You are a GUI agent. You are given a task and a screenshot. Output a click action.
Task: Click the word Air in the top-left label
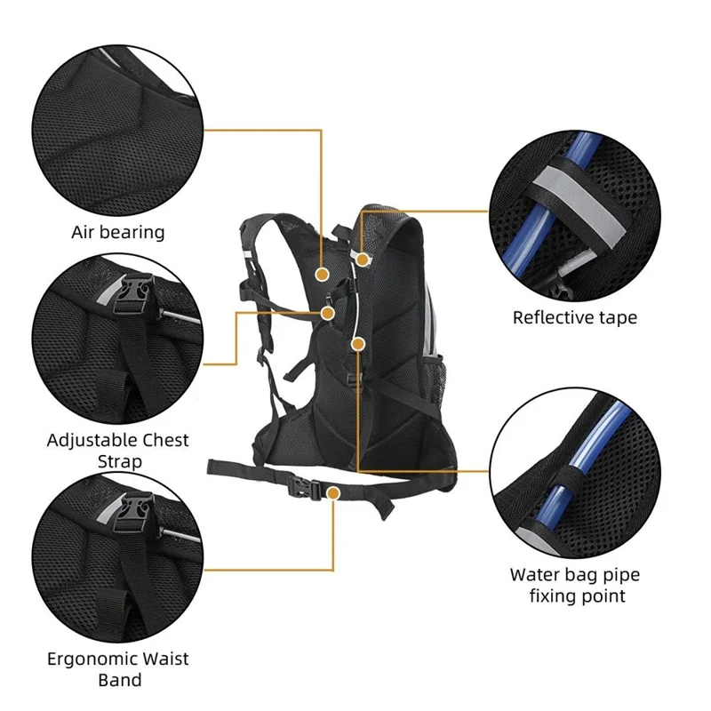click(85, 232)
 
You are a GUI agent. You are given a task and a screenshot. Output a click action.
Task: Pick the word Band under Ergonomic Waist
click(119, 681)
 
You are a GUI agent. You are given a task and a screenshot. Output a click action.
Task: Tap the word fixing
click(555, 595)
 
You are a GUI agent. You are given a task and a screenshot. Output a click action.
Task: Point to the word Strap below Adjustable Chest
click(119, 462)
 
